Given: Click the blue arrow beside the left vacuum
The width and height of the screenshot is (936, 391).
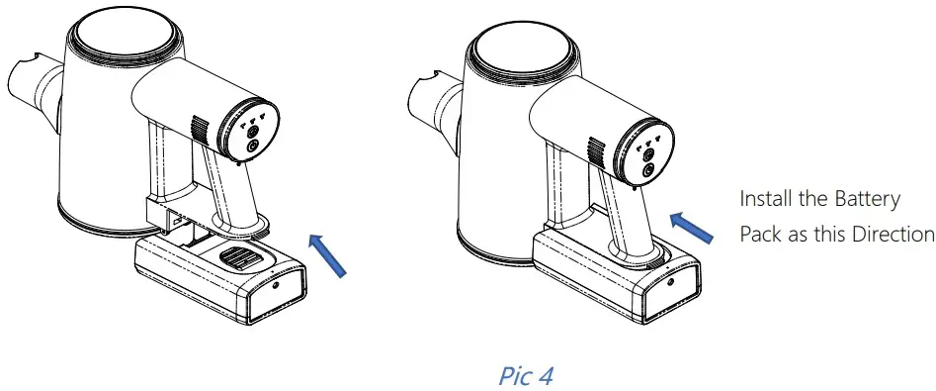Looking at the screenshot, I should [328, 254].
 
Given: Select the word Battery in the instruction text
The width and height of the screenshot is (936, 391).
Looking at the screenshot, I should [866, 199].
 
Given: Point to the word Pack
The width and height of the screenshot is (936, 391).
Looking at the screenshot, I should [761, 235].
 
